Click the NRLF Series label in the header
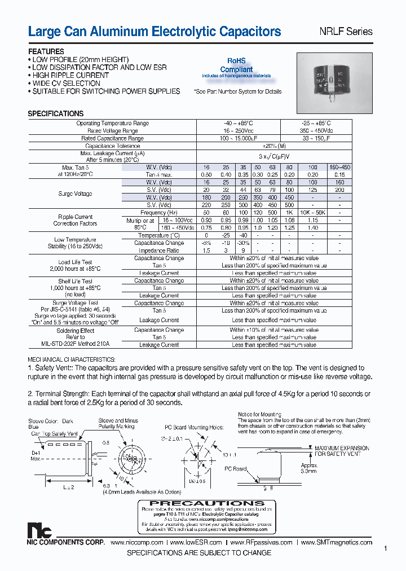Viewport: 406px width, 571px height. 347,32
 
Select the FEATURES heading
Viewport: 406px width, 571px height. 46,51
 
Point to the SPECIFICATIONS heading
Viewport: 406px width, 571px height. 56,113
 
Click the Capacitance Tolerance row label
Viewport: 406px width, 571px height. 113,146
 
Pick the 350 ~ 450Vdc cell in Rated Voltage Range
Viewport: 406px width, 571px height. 321,130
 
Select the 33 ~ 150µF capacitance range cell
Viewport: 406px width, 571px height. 321,138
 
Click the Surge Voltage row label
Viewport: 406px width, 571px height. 75,194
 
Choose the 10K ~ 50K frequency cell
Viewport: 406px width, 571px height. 313,213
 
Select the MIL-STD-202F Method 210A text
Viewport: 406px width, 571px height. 76,344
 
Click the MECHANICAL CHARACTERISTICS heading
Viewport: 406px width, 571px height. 72,359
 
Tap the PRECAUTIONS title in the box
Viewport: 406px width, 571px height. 208,503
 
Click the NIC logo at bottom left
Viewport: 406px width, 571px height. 39,531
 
